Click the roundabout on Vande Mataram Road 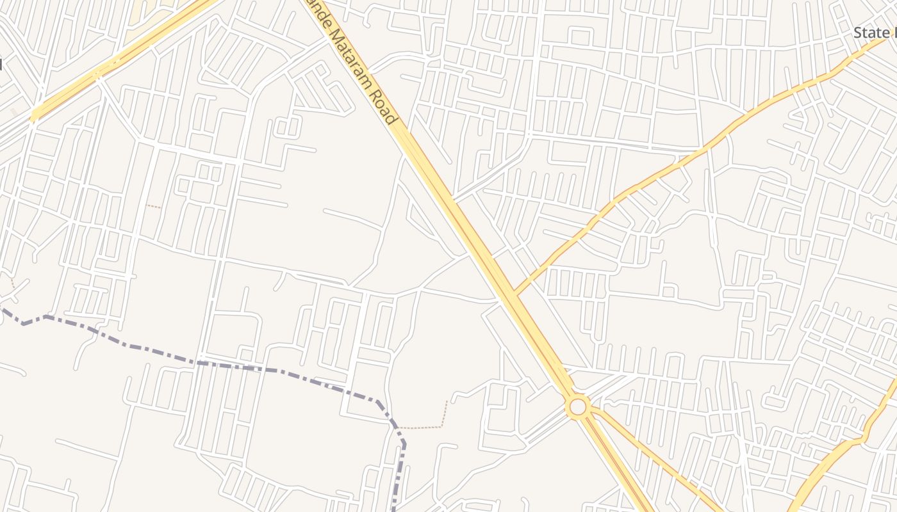point(578,406)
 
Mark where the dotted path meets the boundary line point(397,427)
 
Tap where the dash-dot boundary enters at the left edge point(2,309)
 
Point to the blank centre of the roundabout point(578,406)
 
